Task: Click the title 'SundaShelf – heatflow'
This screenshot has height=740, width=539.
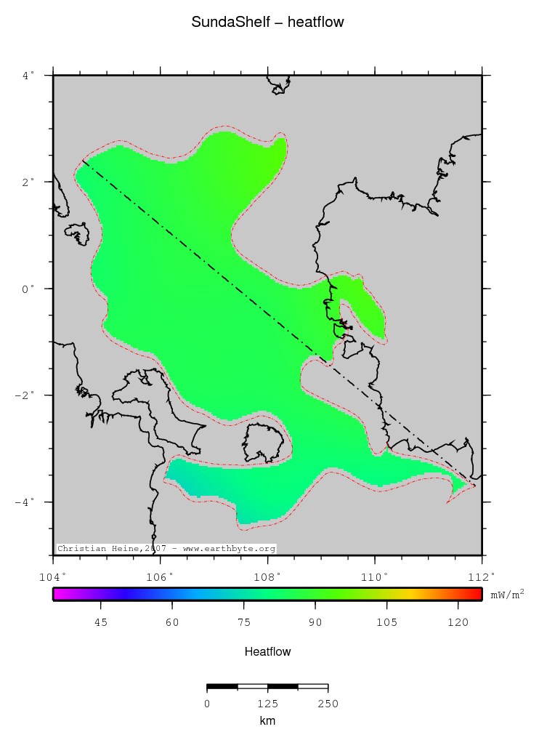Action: click(x=268, y=23)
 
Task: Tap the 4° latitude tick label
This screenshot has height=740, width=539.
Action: click(x=28, y=75)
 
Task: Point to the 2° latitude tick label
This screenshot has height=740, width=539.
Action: click(x=28, y=182)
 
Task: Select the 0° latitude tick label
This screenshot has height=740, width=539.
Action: click(x=28, y=289)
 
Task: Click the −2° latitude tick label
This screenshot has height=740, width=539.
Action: click(x=25, y=395)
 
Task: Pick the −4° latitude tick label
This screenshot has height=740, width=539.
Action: click(x=25, y=502)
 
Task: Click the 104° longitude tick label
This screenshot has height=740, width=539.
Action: click(x=53, y=577)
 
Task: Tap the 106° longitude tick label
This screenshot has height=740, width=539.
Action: click(x=160, y=577)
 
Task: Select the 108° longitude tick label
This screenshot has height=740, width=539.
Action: click(x=267, y=577)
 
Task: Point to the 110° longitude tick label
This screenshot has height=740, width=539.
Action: click(x=375, y=577)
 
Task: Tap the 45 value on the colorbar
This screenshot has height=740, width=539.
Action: click(x=101, y=622)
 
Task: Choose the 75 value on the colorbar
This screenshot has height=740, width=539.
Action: click(x=244, y=622)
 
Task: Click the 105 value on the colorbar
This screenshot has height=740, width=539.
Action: click(x=386, y=622)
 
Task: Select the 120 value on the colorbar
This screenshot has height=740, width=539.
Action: click(x=458, y=622)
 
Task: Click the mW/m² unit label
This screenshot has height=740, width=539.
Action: click(x=507, y=594)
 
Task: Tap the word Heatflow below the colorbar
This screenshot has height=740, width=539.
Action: click(x=268, y=652)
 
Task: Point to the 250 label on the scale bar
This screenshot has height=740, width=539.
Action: click(x=328, y=704)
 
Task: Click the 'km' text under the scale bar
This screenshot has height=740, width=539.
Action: click(x=267, y=721)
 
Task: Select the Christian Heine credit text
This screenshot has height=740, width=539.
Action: click(x=166, y=549)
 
